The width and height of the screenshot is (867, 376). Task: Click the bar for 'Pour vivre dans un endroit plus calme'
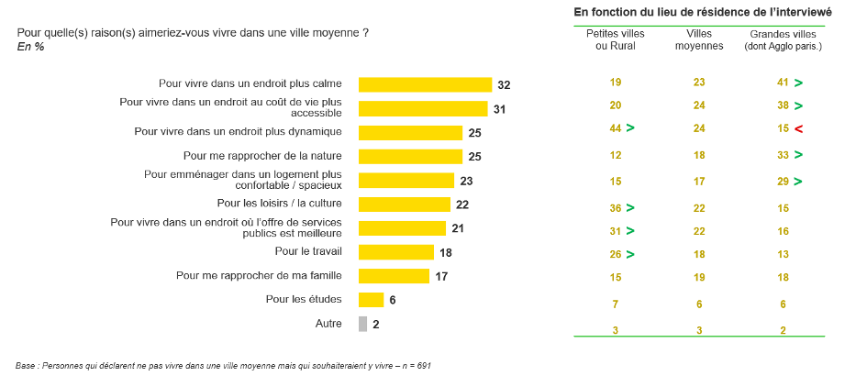[425, 84]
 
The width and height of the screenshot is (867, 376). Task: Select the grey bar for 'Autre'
[362, 324]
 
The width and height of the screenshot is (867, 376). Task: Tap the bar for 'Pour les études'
[371, 299]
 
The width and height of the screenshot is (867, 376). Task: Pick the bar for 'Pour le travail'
[395, 251]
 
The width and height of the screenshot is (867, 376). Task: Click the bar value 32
[504, 84]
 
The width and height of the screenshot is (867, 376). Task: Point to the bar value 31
[499, 108]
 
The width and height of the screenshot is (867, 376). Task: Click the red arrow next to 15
[799, 129]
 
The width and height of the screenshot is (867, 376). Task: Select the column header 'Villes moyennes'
[699, 39]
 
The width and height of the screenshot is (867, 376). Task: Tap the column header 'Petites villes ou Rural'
[616, 39]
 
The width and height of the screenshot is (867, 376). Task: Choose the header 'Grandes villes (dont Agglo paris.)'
[783, 39]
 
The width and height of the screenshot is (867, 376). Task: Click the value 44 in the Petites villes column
[615, 129]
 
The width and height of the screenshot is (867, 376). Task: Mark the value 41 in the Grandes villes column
[782, 83]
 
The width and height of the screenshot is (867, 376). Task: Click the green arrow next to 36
[631, 207]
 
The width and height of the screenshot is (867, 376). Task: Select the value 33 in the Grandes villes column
[782, 156]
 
